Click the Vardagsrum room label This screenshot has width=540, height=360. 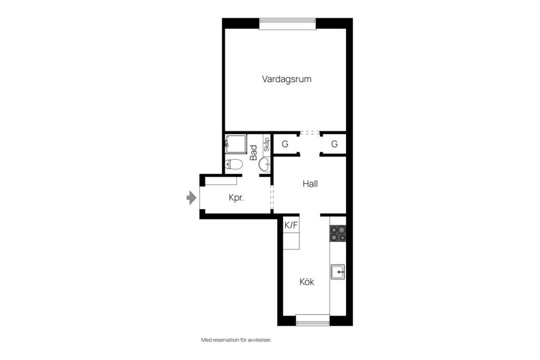coord(286,79)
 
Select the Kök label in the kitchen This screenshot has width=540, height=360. coord(306,282)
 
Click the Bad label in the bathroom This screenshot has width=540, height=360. coord(254,152)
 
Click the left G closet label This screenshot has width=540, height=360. coord(285,144)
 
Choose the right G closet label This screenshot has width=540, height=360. coord(334,144)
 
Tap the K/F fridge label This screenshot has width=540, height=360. coord(291,225)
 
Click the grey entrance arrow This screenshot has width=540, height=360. coord(191,198)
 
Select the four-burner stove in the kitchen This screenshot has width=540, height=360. coord(337,233)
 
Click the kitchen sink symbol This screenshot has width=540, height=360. coord(338,272)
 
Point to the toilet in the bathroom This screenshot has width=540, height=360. coord(233,164)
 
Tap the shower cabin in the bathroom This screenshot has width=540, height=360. coord(236,144)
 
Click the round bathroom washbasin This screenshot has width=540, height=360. coord(264,164)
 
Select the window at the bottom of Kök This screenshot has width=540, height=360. coord(312,322)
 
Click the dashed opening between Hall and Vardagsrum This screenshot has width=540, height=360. coord(309,134)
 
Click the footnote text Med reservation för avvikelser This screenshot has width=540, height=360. coord(240,340)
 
